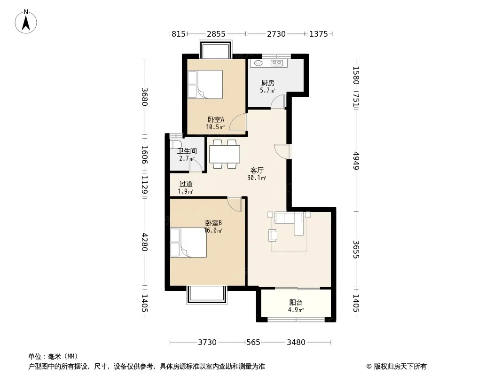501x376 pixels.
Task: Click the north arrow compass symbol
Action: pos(26,22)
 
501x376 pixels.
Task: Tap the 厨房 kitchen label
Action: pos(268,83)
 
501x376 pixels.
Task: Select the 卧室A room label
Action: pos(216,119)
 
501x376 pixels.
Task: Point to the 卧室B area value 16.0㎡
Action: pos(213,230)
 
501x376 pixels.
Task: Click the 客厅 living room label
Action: pos(257,170)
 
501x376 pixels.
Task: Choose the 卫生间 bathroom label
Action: pos(187,151)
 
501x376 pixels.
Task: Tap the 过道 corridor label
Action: pos(186,184)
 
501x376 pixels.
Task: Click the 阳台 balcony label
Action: pos(296,302)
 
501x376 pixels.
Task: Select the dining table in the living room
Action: pos(225,154)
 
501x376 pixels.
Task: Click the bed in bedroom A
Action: pos(205,84)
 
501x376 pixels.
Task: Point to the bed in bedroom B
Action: pos(188,242)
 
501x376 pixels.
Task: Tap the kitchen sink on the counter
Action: pos(258,63)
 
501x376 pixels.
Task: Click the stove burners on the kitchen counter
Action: pos(277,63)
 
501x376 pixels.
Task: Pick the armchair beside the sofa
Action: pos(273,235)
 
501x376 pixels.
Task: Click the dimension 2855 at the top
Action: pos(216,33)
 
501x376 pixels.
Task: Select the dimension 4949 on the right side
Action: pos(356,161)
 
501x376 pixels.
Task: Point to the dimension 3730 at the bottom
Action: pos(207,342)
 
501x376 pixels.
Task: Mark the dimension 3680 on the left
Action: pos(145,97)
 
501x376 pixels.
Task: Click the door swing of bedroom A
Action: pos(238,121)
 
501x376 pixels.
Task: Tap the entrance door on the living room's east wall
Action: pos(282,151)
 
